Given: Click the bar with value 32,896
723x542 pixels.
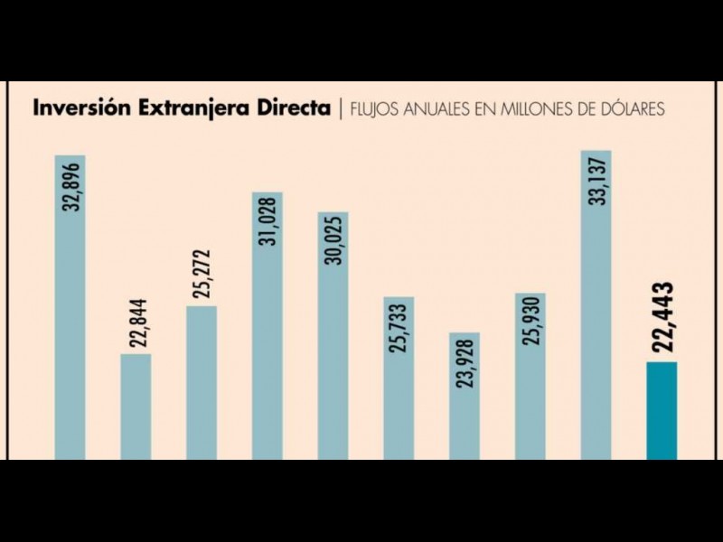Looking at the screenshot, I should coord(70,307).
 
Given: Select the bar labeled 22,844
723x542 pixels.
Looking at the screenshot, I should coord(136,406).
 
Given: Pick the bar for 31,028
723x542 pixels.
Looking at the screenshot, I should coord(267,325).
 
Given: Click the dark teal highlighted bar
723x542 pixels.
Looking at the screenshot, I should coord(662,410).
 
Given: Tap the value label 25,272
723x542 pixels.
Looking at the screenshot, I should coord(202,275).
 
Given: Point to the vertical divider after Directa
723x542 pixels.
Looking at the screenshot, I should coord(339,109).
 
